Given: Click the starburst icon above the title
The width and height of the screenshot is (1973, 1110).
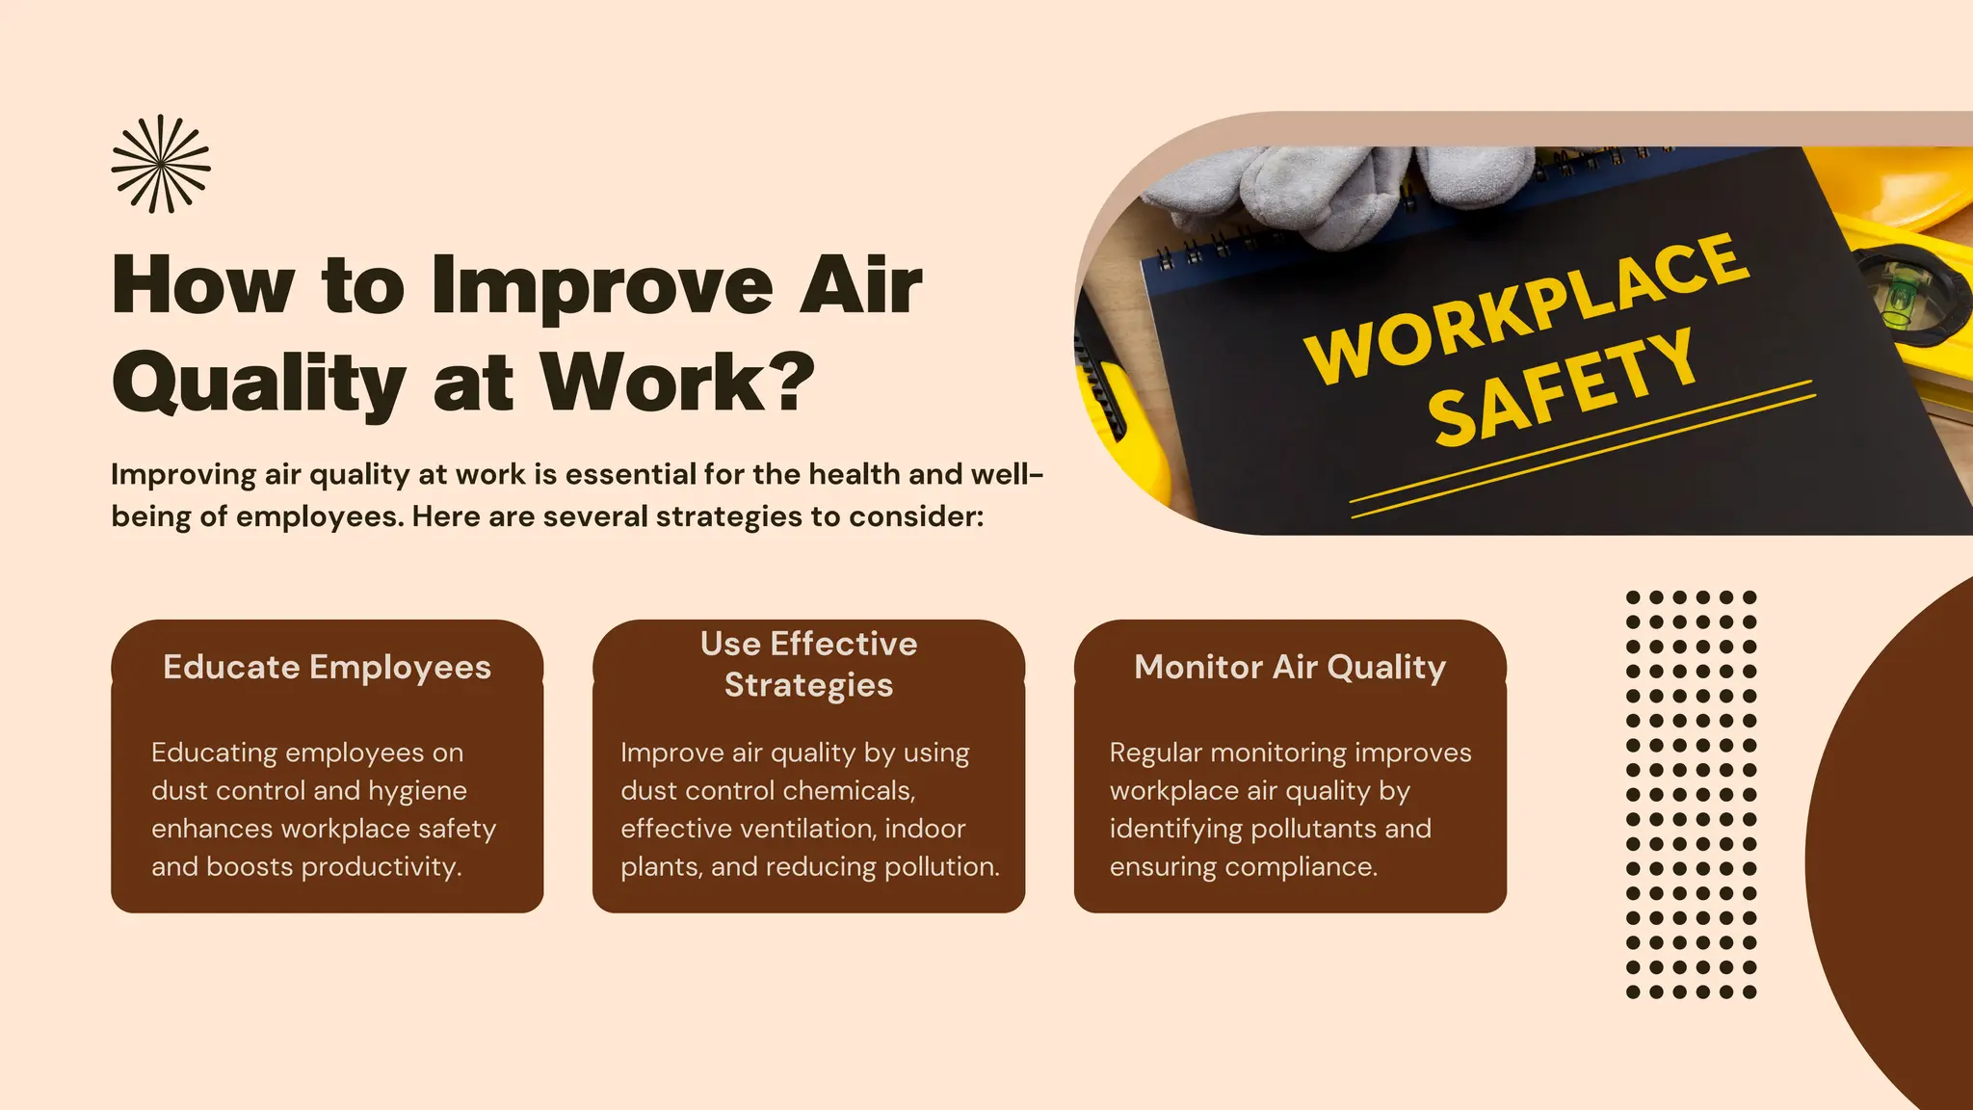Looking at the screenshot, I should point(161,164).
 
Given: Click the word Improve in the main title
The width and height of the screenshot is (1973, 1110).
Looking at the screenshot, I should point(601,285).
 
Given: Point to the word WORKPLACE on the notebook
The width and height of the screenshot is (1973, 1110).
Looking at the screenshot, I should point(1526,307).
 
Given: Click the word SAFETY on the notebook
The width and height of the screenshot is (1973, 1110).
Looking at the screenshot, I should point(1561,387).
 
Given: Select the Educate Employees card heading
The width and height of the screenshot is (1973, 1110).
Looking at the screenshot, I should point(327,667).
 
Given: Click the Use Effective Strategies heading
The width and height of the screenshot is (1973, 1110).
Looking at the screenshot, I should point(808,664).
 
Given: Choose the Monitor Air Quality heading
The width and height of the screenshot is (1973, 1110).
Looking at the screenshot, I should point(1290,667).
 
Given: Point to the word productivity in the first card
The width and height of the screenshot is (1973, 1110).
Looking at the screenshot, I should point(381,867).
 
